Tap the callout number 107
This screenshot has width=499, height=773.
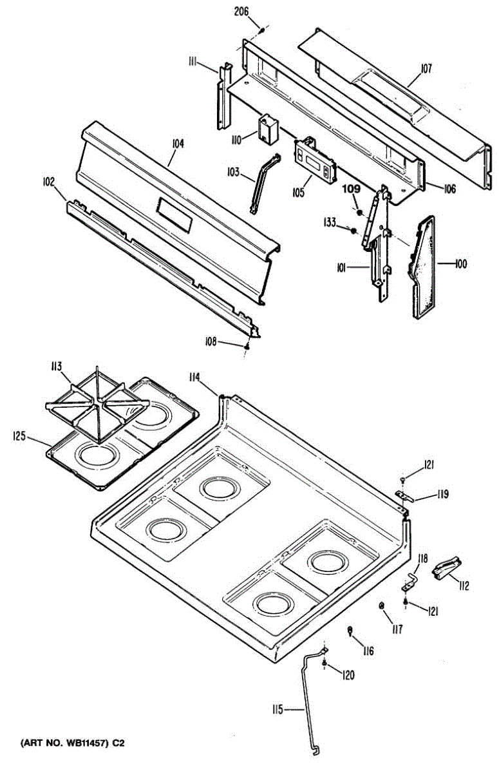pos(427,68)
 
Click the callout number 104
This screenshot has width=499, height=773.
pos(178,144)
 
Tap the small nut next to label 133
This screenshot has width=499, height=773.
pos(353,229)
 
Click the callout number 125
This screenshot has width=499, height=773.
pos(21,437)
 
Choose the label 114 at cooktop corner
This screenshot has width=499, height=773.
pos(195,377)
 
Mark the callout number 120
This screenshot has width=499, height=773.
pos(348,675)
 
